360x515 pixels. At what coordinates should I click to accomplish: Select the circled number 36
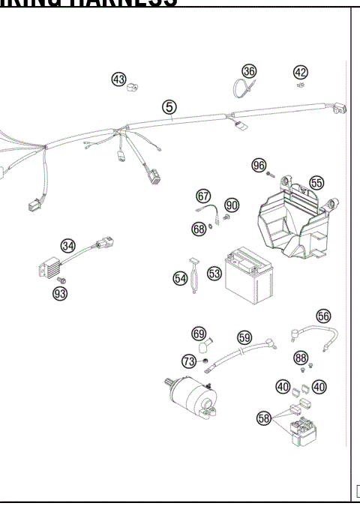(249, 70)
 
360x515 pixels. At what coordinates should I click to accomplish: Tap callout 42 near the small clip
(300, 72)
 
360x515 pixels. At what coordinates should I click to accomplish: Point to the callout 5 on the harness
(169, 107)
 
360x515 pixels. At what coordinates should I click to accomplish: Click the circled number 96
(259, 165)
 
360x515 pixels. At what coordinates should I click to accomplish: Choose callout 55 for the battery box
(316, 182)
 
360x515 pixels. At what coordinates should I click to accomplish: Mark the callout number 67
(203, 196)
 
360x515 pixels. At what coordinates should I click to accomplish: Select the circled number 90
(231, 205)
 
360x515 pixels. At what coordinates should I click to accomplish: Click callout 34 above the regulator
(68, 245)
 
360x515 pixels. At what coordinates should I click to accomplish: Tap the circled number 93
(59, 293)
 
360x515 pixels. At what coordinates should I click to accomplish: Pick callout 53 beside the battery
(214, 274)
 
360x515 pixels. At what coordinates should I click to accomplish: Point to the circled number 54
(181, 278)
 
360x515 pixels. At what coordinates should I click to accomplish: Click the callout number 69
(199, 333)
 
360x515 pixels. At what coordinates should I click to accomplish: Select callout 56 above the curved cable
(323, 316)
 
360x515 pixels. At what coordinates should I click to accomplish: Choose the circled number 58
(263, 418)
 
